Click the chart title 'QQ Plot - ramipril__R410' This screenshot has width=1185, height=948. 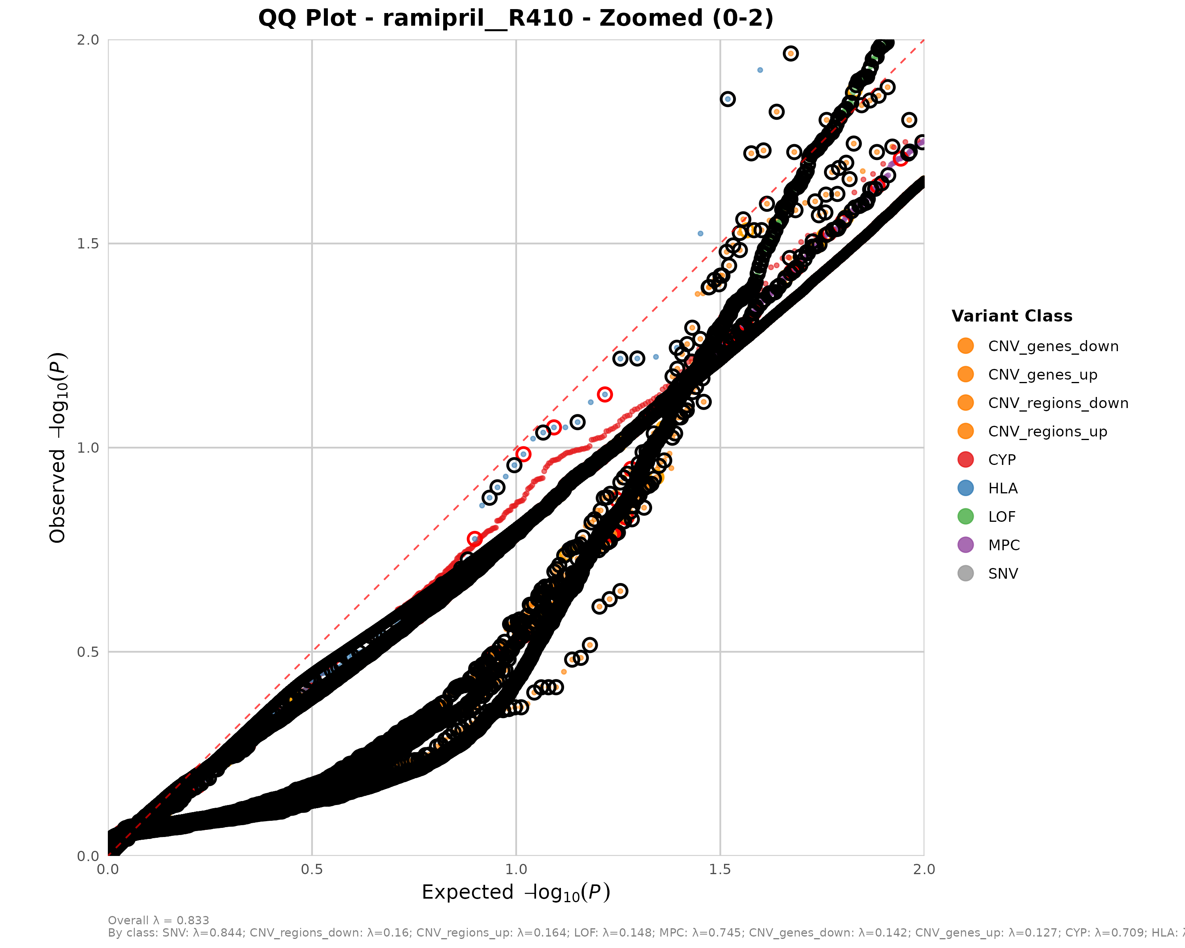pyautogui.click(x=515, y=18)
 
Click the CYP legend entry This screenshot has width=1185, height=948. pyautogui.click(x=1001, y=460)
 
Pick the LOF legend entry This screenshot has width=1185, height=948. pyautogui.click(x=1001, y=517)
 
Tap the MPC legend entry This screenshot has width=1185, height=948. pyautogui.click(x=1004, y=545)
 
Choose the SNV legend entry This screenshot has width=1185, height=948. pyautogui.click(x=1003, y=574)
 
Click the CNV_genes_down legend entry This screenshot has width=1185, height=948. pyautogui.click(x=1053, y=346)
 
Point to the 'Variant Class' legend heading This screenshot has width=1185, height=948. pyautogui.click(x=1012, y=316)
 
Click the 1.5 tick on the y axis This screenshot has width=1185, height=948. pyautogui.click(x=88, y=243)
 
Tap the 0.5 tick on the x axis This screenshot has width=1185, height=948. pyautogui.click(x=312, y=869)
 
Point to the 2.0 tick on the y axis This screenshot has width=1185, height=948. pyautogui.click(x=88, y=39)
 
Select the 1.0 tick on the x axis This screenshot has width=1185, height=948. pyautogui.click(x=515, y=869)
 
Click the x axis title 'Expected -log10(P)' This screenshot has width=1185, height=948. pyautogui.click(x=515, y=892)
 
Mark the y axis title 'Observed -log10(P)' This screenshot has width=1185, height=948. pyautogui.click(x=58, y=448)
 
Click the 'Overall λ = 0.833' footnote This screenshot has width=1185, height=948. pyautogui.click(x=158, y=920)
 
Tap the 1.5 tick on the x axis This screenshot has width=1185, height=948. pyautogui.click(x=720, y=869)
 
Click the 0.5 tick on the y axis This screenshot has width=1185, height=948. pyautogui.click(x=88, y=652)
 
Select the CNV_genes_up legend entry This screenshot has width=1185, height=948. pyautogui.click(x=1042, y=375)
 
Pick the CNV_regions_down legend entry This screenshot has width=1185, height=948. pyautogui.click(x=1057, y=403)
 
